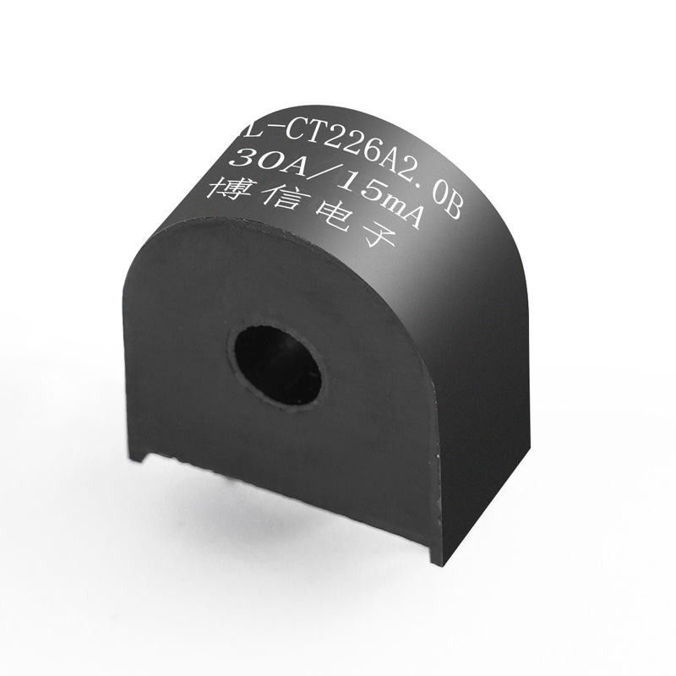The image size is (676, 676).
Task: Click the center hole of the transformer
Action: click(x=277, y=364)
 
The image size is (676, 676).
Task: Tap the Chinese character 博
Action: click(x=226, y=188)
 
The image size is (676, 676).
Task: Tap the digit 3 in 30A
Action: click(x=240, y=158)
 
